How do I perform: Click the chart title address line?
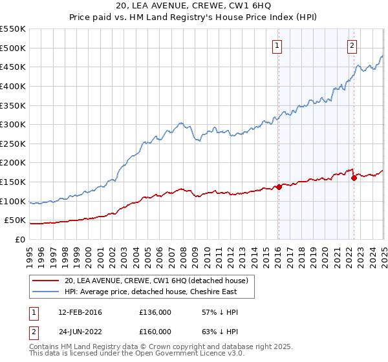tap(193, 6)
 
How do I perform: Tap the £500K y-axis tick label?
tap(13, 48)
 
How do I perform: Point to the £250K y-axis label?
tap(13, 144)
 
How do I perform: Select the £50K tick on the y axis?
tap(16, 220)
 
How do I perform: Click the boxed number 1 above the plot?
tap(277, 45)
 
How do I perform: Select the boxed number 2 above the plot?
tap(352, 45)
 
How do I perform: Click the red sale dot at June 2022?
tap(354, 178)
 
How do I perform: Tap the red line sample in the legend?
tap(45, 281)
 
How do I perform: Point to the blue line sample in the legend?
tap(45, 292)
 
